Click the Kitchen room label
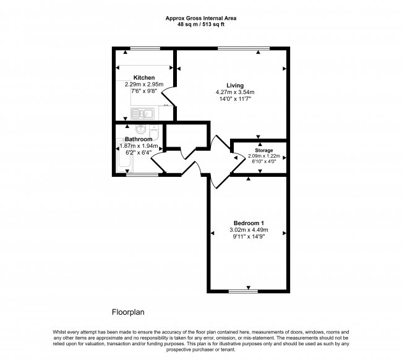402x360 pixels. click(144, 77)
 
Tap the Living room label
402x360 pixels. click(235, 85)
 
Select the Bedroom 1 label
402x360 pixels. click(249, 223)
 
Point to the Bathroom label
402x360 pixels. click(139, 139)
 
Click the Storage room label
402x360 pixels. click(264, 150)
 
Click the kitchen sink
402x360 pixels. click(142, 114)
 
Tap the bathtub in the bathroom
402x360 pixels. click(125, 155)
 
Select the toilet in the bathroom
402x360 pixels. click(154, 132)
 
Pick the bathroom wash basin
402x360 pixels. click(141, 129)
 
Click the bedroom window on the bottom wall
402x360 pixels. click(243, 291)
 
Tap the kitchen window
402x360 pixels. click(145, 48)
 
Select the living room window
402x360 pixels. click(244, 48)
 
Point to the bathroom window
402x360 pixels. click(142, 175)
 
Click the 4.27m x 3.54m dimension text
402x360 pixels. click(235, 92)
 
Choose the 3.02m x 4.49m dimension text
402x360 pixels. click(249, 230)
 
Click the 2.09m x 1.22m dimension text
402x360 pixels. click(264, 156)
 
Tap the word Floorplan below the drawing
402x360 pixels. click(128, 312)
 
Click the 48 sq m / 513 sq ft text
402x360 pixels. click(201, 25)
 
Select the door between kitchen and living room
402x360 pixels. click(168, 96)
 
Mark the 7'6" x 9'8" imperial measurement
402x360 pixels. click(144, 91)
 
